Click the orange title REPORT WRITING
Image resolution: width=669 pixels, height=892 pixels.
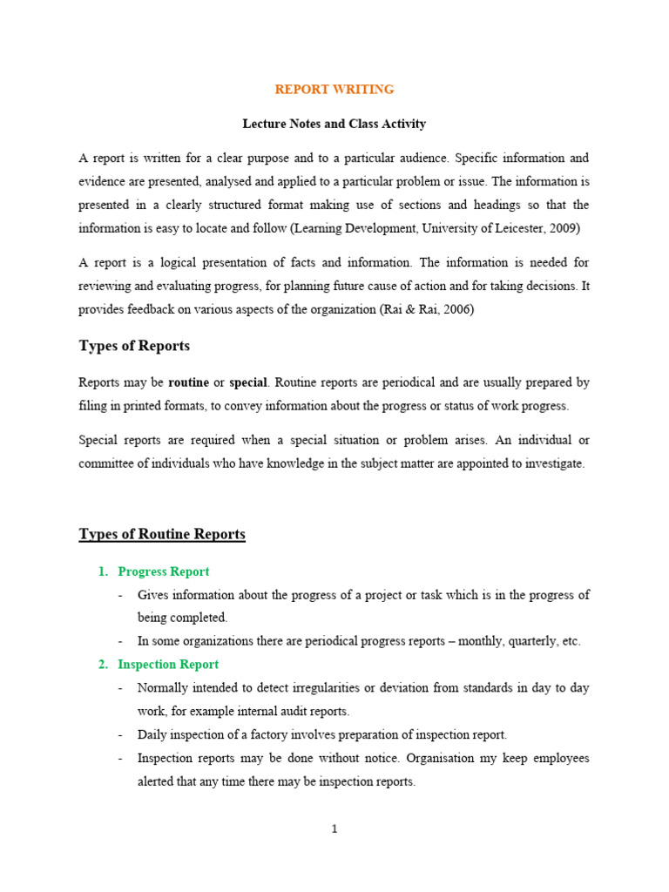tap(334, 90)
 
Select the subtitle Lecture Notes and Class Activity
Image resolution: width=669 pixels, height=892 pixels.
tap(334, 124)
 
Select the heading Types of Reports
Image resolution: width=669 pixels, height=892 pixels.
tap(134, 346)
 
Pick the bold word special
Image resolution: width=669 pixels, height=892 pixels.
tap(248, 382)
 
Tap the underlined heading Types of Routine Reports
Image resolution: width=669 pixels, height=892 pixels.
tap(162, 534)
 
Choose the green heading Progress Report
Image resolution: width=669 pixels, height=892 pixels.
tap(164, 571)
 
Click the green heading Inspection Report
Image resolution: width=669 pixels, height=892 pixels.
tap(168, 665)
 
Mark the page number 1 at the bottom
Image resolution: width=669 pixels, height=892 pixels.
tap(334, 829)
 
